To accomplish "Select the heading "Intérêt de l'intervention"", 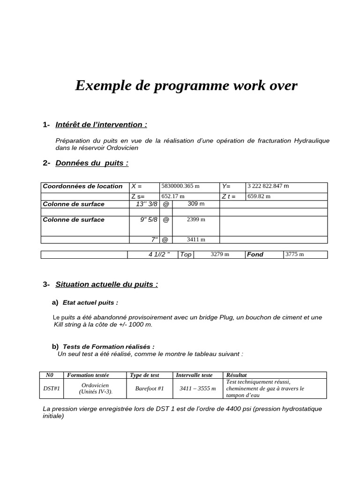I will tap(101, 125).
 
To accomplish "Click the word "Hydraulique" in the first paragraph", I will tap(312, 141).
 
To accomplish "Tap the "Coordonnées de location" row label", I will tap(82, 186).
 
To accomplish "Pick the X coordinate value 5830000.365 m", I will tap(180, 186).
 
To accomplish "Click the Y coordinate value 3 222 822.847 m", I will tap(268, 186).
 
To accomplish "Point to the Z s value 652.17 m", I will tap(173, 196).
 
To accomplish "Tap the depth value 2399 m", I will tap(196, 219).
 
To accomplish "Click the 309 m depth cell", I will tap(196, 204).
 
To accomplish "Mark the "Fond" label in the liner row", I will tap(255, 255).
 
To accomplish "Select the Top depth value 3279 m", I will tap(219, 255).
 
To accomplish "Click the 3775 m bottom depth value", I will tap(295, 255).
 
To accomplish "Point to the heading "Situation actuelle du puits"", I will tap(106, 284).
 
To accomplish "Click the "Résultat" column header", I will tap(236, 375).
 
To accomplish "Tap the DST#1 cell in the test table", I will tap(51, 389).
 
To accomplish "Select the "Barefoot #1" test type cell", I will tap(149, 389).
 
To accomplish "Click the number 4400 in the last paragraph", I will tap(234, 409).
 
